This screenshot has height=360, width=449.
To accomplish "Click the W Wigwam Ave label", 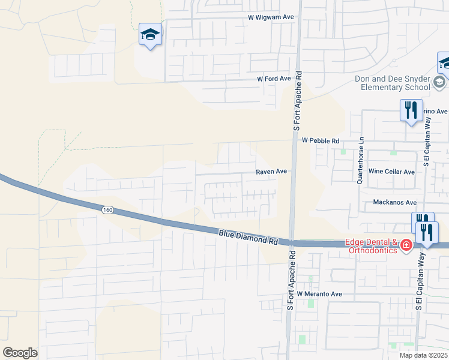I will point(271,17).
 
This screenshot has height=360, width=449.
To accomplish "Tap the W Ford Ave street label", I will point(274,79).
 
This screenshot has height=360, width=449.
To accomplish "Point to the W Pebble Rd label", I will point(321,140).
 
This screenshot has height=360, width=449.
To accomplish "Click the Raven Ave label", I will point(272,172).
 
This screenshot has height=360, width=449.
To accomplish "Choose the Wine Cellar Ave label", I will point(391,172).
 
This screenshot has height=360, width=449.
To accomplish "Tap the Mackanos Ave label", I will point(394,203).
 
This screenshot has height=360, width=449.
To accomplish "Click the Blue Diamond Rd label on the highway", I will point(248,237).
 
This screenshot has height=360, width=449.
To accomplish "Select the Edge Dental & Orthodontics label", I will point(371,246).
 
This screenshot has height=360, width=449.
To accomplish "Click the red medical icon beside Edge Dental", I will point(406,245).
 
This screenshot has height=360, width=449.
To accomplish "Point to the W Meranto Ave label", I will point(319,294).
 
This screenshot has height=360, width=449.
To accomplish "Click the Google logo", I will point(20,353).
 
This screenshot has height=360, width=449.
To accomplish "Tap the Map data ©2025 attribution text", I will point(423,355).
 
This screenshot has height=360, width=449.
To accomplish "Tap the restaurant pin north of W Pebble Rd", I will point(411,110).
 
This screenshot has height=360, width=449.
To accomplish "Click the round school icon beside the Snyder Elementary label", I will point(439,82).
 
